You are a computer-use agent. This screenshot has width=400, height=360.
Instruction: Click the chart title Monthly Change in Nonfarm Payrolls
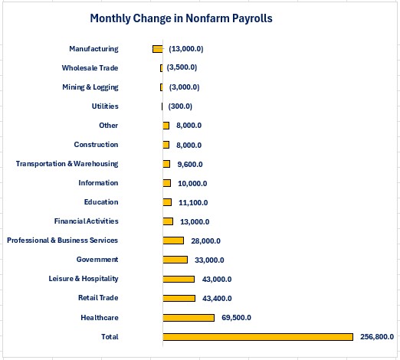pos(181,18)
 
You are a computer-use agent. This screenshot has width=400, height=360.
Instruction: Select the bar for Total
pos(258,337)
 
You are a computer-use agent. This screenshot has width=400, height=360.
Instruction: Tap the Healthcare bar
pos(189,318)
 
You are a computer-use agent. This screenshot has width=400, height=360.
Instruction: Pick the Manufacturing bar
pos(158,49)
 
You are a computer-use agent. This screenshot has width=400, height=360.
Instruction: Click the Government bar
pos(175,260)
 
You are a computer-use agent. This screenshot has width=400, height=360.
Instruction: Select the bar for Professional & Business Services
pos(173,241)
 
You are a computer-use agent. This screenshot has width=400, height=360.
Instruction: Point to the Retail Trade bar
pos(179,298)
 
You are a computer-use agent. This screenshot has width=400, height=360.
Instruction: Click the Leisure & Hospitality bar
pos(179,279)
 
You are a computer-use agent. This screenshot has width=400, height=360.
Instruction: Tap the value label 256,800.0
pos(377,337)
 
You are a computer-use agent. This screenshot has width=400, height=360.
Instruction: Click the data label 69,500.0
pos(236,318)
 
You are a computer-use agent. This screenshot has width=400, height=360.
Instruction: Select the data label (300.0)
pos(180,106)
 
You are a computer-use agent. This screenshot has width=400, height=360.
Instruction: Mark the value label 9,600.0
pos(190,164)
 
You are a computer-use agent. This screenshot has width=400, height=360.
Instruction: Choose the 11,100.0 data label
pos(193,202)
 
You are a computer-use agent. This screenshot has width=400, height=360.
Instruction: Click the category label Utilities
pos(105,106)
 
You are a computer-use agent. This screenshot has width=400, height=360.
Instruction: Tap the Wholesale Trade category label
pos(90,68)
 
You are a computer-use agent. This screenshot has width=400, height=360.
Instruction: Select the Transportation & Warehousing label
pos(67,164)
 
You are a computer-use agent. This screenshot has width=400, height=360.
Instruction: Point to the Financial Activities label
pos(87,221)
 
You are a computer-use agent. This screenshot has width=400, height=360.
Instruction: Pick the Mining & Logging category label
pos(90,87)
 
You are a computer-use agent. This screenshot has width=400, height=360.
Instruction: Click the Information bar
pos(167,183)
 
